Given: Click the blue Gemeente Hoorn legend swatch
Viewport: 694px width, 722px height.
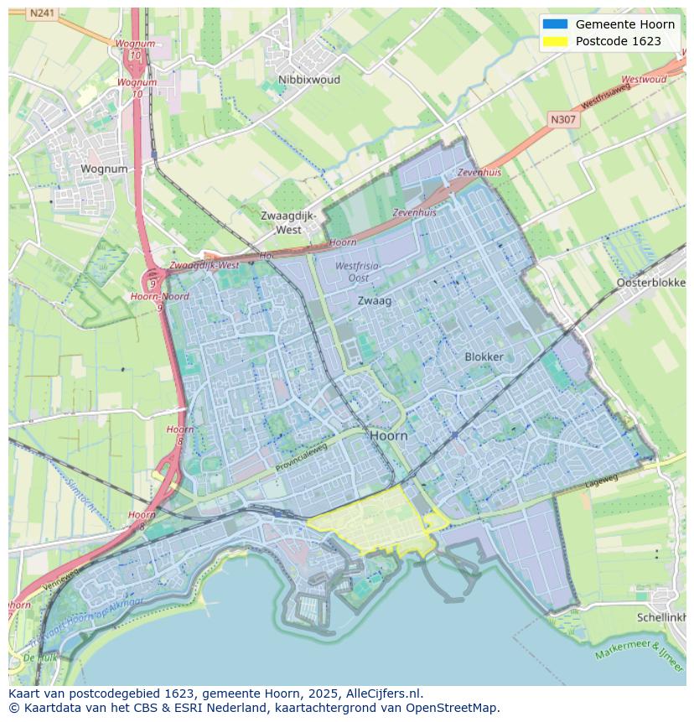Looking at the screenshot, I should tap(554, 24).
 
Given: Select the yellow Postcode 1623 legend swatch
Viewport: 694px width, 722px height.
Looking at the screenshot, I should tap(554, 41).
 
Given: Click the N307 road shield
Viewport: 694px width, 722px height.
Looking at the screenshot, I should tap(563, 120).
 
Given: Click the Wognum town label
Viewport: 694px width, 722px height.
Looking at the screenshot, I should tap(104, 169).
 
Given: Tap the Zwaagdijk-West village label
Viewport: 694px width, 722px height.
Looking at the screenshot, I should tap(288, 222).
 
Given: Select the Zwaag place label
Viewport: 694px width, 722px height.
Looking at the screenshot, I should tap(375, 300).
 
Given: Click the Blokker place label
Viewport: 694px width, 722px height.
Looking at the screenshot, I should tap(484, 356).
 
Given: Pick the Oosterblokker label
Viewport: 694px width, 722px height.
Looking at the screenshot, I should tap(651, 283).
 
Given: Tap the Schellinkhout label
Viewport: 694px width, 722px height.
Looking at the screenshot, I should tap(662, 616).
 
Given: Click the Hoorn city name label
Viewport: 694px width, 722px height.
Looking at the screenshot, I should tap(388, 436).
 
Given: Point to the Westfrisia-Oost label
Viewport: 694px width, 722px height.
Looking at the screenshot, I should tap(358, 272).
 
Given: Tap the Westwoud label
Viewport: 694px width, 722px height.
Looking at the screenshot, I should tap(644, 80).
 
